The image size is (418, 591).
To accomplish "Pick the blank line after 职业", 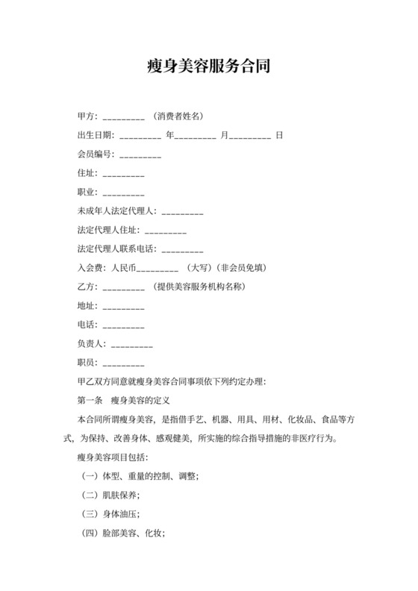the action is coord(123,194).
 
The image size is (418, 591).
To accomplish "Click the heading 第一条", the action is coord(90,401).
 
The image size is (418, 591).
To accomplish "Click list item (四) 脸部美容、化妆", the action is coord(123,534).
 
